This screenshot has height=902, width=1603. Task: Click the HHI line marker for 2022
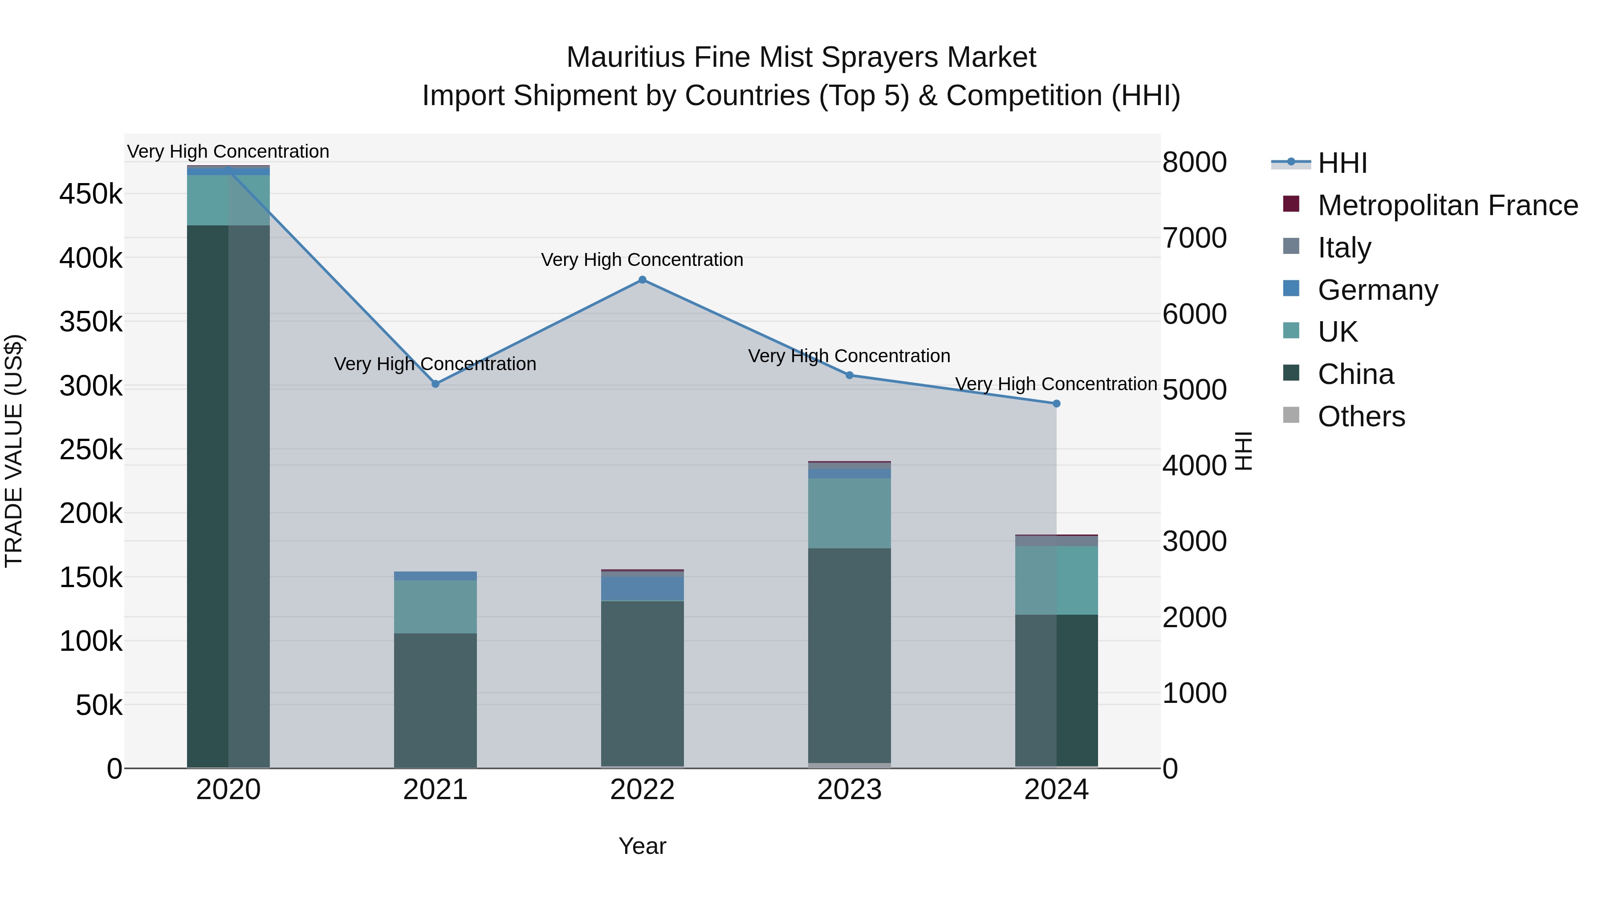[642, 280]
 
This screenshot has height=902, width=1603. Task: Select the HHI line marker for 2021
[435, 384]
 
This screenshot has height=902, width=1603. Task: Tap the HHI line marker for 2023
[850, 375]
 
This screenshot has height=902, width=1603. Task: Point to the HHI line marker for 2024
[1056, 404]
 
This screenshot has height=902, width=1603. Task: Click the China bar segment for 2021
[435, 700]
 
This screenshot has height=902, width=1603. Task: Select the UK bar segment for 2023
[850, 514]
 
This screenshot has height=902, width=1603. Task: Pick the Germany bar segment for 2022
[642, 588]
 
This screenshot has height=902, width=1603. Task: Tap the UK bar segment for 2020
[228, 200]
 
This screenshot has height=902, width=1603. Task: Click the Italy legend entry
[1344, 248]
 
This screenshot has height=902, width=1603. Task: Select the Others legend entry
[1361, 416]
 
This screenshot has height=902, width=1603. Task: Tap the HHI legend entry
[1342, 163]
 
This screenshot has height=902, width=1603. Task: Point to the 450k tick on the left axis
[91, 194]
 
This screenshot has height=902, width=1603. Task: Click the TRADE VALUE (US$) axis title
[14, 451]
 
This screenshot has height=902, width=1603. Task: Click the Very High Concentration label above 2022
[642, 260]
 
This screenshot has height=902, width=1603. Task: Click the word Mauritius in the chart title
[626, 57]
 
